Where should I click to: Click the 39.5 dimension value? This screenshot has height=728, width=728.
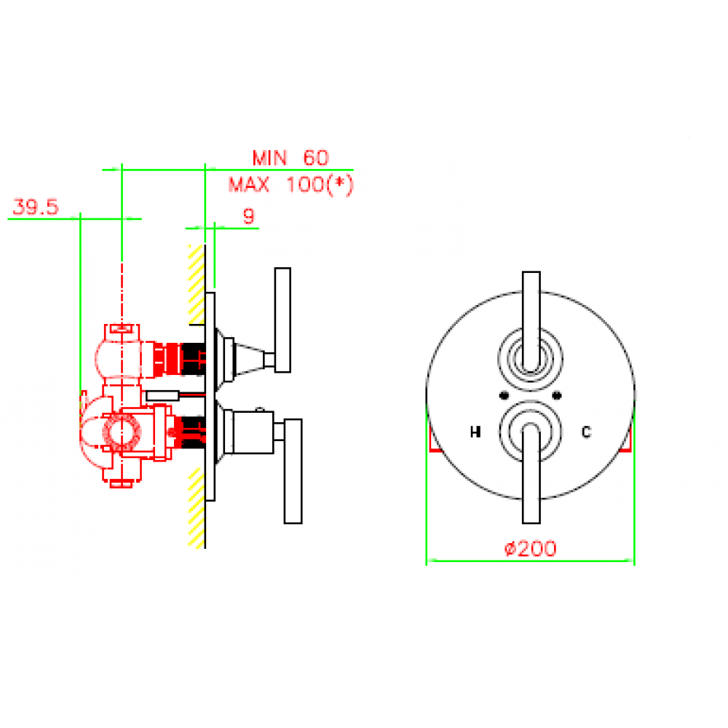point(36,207)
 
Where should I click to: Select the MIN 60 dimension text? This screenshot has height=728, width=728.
point(290,158)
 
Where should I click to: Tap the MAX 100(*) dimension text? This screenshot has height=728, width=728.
point(291,185)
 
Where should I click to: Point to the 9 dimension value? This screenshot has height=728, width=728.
point(249,216)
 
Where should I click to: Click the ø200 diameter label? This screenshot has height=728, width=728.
point(530,549)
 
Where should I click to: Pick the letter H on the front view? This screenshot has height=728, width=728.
point(475,432)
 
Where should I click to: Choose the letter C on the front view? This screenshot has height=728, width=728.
point(586,432)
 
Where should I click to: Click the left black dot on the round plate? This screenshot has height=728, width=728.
point(505,395)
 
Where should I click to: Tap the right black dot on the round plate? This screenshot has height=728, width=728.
point(557,395)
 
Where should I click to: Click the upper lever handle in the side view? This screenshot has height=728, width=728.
point(282,320)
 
